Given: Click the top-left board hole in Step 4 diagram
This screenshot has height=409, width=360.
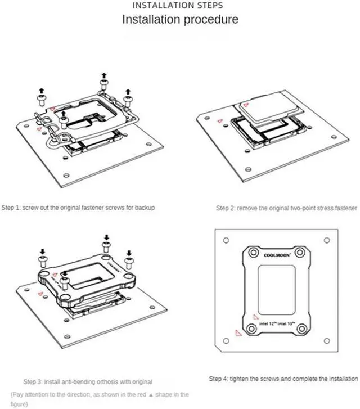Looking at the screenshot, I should point(226,240).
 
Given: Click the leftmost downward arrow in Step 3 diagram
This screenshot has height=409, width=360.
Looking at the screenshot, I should point(43,251).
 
